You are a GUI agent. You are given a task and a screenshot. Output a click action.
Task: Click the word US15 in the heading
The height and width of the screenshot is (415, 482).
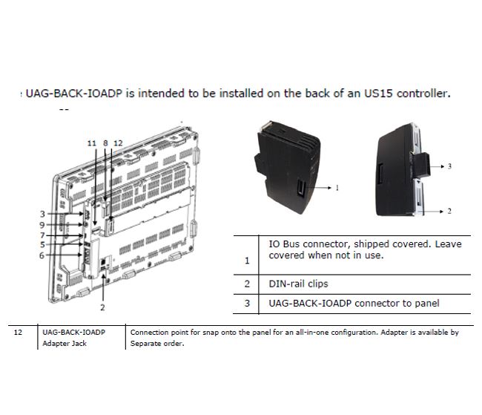click(378, 94)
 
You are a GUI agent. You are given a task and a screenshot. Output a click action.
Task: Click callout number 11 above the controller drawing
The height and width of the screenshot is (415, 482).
click(92, 143)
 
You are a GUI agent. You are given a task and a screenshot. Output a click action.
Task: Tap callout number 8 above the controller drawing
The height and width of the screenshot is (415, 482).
click(105, 143)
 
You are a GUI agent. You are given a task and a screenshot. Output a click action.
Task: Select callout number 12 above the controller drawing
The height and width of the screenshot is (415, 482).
click(118, 143)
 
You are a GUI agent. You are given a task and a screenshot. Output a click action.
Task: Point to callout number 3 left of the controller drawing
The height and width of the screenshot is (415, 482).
click(42, 214)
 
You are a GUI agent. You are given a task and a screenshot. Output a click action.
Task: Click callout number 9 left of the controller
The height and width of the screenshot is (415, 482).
click(42, 225)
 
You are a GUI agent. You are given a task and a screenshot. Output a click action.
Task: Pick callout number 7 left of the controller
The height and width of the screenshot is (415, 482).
click(42, 235)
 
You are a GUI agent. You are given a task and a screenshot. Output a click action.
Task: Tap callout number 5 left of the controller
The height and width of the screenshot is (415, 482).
click(42, 245)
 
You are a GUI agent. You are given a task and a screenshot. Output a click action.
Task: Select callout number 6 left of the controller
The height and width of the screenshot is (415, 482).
click(42, 255)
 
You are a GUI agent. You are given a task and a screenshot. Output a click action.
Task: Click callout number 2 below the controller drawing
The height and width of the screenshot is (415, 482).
click(102, 307)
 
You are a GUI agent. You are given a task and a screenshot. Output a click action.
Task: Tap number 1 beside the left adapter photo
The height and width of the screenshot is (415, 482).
click(337, 188)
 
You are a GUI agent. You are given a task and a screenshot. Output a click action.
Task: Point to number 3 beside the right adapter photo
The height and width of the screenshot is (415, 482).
click(449, 166)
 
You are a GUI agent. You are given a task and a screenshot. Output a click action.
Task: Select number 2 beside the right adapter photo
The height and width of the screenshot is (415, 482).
click(449, 211)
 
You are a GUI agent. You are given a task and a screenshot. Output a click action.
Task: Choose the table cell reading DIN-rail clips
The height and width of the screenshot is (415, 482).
click(298, 284)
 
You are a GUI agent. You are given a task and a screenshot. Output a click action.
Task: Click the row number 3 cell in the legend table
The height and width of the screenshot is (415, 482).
click(247, 304)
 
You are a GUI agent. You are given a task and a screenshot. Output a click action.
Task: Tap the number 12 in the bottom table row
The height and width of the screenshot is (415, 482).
click(18, 332)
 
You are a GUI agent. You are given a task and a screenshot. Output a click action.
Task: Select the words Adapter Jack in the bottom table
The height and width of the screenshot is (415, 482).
click(65, 343)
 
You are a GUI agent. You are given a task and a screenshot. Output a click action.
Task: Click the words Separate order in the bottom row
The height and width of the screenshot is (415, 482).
click(156, 343)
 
